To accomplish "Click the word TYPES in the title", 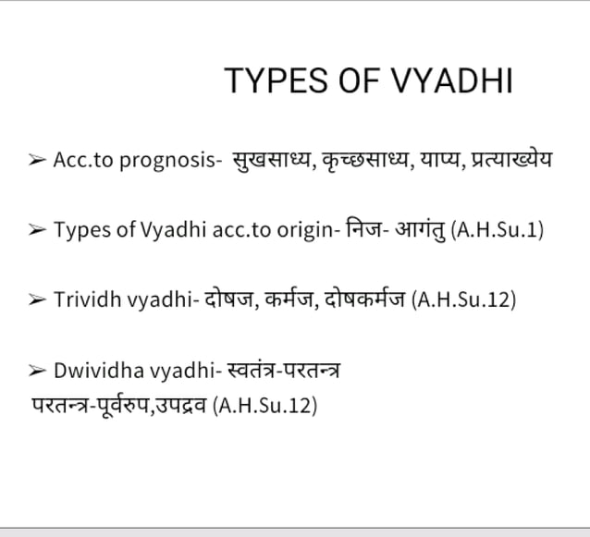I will tap(265, 81).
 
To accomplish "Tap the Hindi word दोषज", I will tap(226, 299).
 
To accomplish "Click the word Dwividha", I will tap(97, 372).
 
